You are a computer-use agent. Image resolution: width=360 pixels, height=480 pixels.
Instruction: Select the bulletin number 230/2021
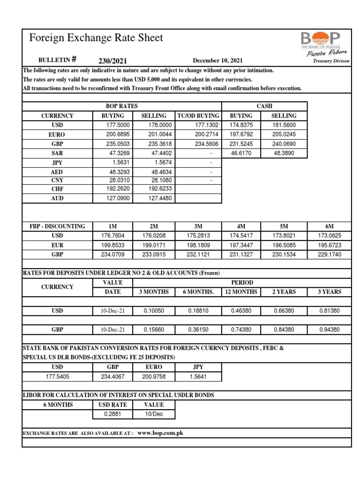tap(112, 60)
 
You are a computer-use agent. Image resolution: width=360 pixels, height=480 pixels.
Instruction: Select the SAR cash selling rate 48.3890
tap(284, 153)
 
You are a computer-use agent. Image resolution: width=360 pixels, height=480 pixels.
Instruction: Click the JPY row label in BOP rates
tap(57, 162)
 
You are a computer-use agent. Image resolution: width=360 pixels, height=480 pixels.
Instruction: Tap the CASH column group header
tap(264, 106)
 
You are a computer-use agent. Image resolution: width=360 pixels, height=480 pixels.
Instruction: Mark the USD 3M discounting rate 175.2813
tap(199, 235)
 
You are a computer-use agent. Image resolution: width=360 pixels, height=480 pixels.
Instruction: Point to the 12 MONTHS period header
tap(242, 292)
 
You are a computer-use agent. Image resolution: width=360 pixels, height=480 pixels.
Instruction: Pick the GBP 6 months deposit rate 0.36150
tap(199, 330)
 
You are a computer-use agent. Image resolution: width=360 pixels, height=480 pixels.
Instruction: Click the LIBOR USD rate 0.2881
tap(112, 414)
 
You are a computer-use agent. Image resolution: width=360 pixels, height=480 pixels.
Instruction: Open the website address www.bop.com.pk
tap(160, 433)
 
